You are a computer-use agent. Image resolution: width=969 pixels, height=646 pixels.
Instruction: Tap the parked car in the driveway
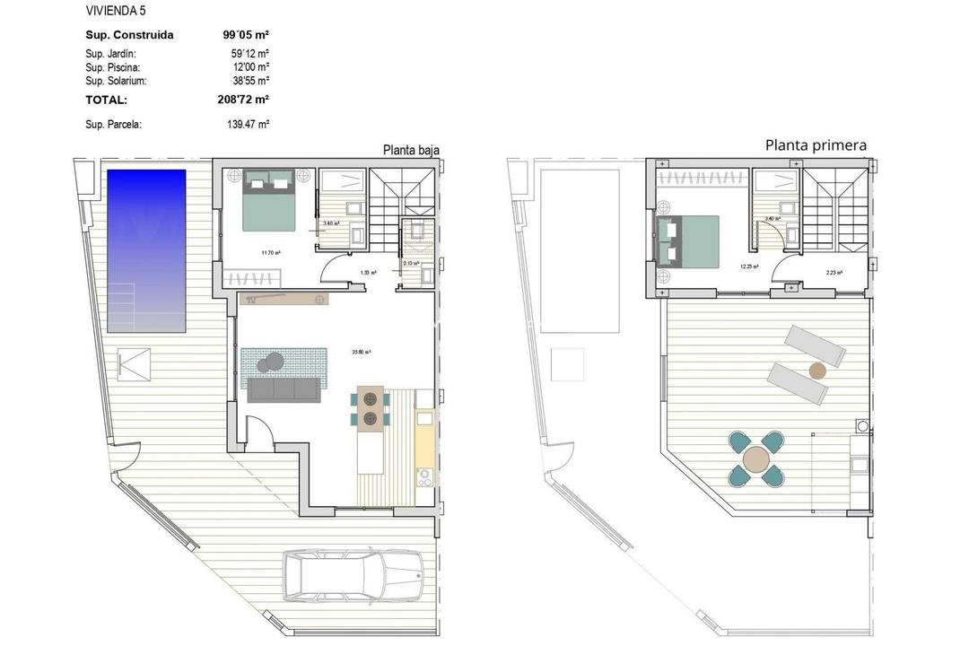353,574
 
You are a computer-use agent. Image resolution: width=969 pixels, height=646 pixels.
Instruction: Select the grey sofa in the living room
282,389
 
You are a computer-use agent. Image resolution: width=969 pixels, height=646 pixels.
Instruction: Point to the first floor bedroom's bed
689,240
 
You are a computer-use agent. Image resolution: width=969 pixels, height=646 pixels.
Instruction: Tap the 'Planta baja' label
411,151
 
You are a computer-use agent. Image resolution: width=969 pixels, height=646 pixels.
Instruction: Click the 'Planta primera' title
816,145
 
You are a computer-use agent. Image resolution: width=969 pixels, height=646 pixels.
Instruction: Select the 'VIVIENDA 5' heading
116,11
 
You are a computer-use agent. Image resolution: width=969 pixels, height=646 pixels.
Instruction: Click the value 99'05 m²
246,35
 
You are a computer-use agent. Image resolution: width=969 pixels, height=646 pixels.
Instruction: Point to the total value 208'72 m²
243,100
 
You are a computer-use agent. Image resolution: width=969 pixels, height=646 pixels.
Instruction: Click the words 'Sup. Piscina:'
112,67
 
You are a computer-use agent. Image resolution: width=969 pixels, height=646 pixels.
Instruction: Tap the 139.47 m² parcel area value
249,125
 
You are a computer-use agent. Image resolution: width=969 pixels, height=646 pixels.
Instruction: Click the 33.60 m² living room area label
362,351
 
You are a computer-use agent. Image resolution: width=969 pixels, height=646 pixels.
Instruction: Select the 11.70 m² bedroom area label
271,252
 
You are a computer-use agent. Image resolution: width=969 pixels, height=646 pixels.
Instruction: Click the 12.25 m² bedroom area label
749,266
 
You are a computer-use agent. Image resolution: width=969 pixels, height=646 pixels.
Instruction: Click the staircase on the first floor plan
834,211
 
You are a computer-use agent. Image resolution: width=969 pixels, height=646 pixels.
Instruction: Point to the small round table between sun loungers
816,370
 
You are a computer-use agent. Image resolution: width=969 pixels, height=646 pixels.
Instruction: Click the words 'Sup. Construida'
129,35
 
